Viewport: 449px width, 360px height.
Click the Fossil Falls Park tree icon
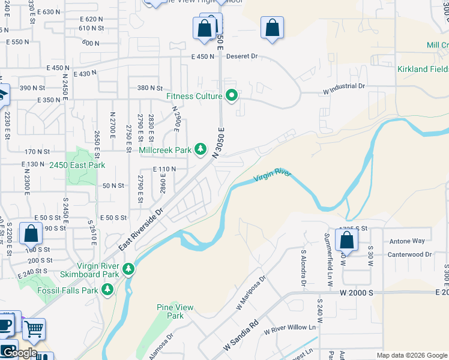(107, 290)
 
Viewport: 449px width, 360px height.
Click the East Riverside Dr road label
(141, 230)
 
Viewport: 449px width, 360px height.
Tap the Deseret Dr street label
(242, 56)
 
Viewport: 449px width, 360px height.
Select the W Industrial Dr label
(344, 86)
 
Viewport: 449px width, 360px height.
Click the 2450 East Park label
(77, 165)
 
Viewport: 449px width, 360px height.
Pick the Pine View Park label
(175, 311)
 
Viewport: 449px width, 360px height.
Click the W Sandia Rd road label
(240, 335)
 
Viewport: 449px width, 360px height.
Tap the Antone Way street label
(407, 241)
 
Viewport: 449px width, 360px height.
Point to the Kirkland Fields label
(423, 70)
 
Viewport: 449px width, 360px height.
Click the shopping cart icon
(34, 328)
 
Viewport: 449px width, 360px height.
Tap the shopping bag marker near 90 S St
(31, 234)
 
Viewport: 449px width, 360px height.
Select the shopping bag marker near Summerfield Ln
(347, 241)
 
